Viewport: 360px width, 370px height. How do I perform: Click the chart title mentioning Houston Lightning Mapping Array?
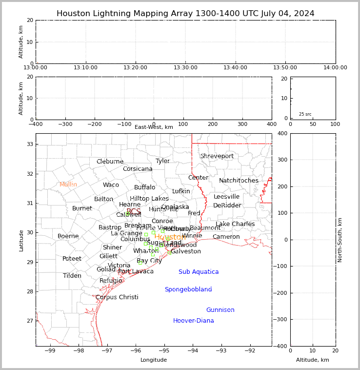click(185, 14)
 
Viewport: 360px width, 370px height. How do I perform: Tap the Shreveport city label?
click(217, 156)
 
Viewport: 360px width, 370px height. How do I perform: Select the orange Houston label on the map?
click(169, 237)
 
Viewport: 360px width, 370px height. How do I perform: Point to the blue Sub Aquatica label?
click(199, 272)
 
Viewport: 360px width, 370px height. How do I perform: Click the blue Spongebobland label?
click(188, 289)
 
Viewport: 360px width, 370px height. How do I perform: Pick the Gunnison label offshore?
click(220, 310)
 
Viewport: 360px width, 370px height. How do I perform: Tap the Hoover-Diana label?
click(194, 321)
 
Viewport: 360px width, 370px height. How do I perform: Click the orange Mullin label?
click(68, 185)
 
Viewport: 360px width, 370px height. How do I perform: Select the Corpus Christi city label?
click(117, 297)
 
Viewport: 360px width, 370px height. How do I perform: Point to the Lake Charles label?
click(235, 224)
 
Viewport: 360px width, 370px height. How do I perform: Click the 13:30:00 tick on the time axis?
click(186, 67)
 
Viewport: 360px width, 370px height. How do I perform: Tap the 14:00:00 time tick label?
click(335, 67)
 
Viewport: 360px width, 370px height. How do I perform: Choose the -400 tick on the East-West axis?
click(36, 124)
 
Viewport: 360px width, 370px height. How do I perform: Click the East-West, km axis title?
click(154, 127)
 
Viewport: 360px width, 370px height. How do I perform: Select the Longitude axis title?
click(154, 360)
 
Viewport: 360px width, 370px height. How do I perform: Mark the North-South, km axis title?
click(340, 240)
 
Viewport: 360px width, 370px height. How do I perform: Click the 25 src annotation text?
click(305, 114)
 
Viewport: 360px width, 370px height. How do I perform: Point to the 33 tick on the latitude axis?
click(29, 144)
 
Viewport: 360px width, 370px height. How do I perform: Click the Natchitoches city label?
click(239, 181)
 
